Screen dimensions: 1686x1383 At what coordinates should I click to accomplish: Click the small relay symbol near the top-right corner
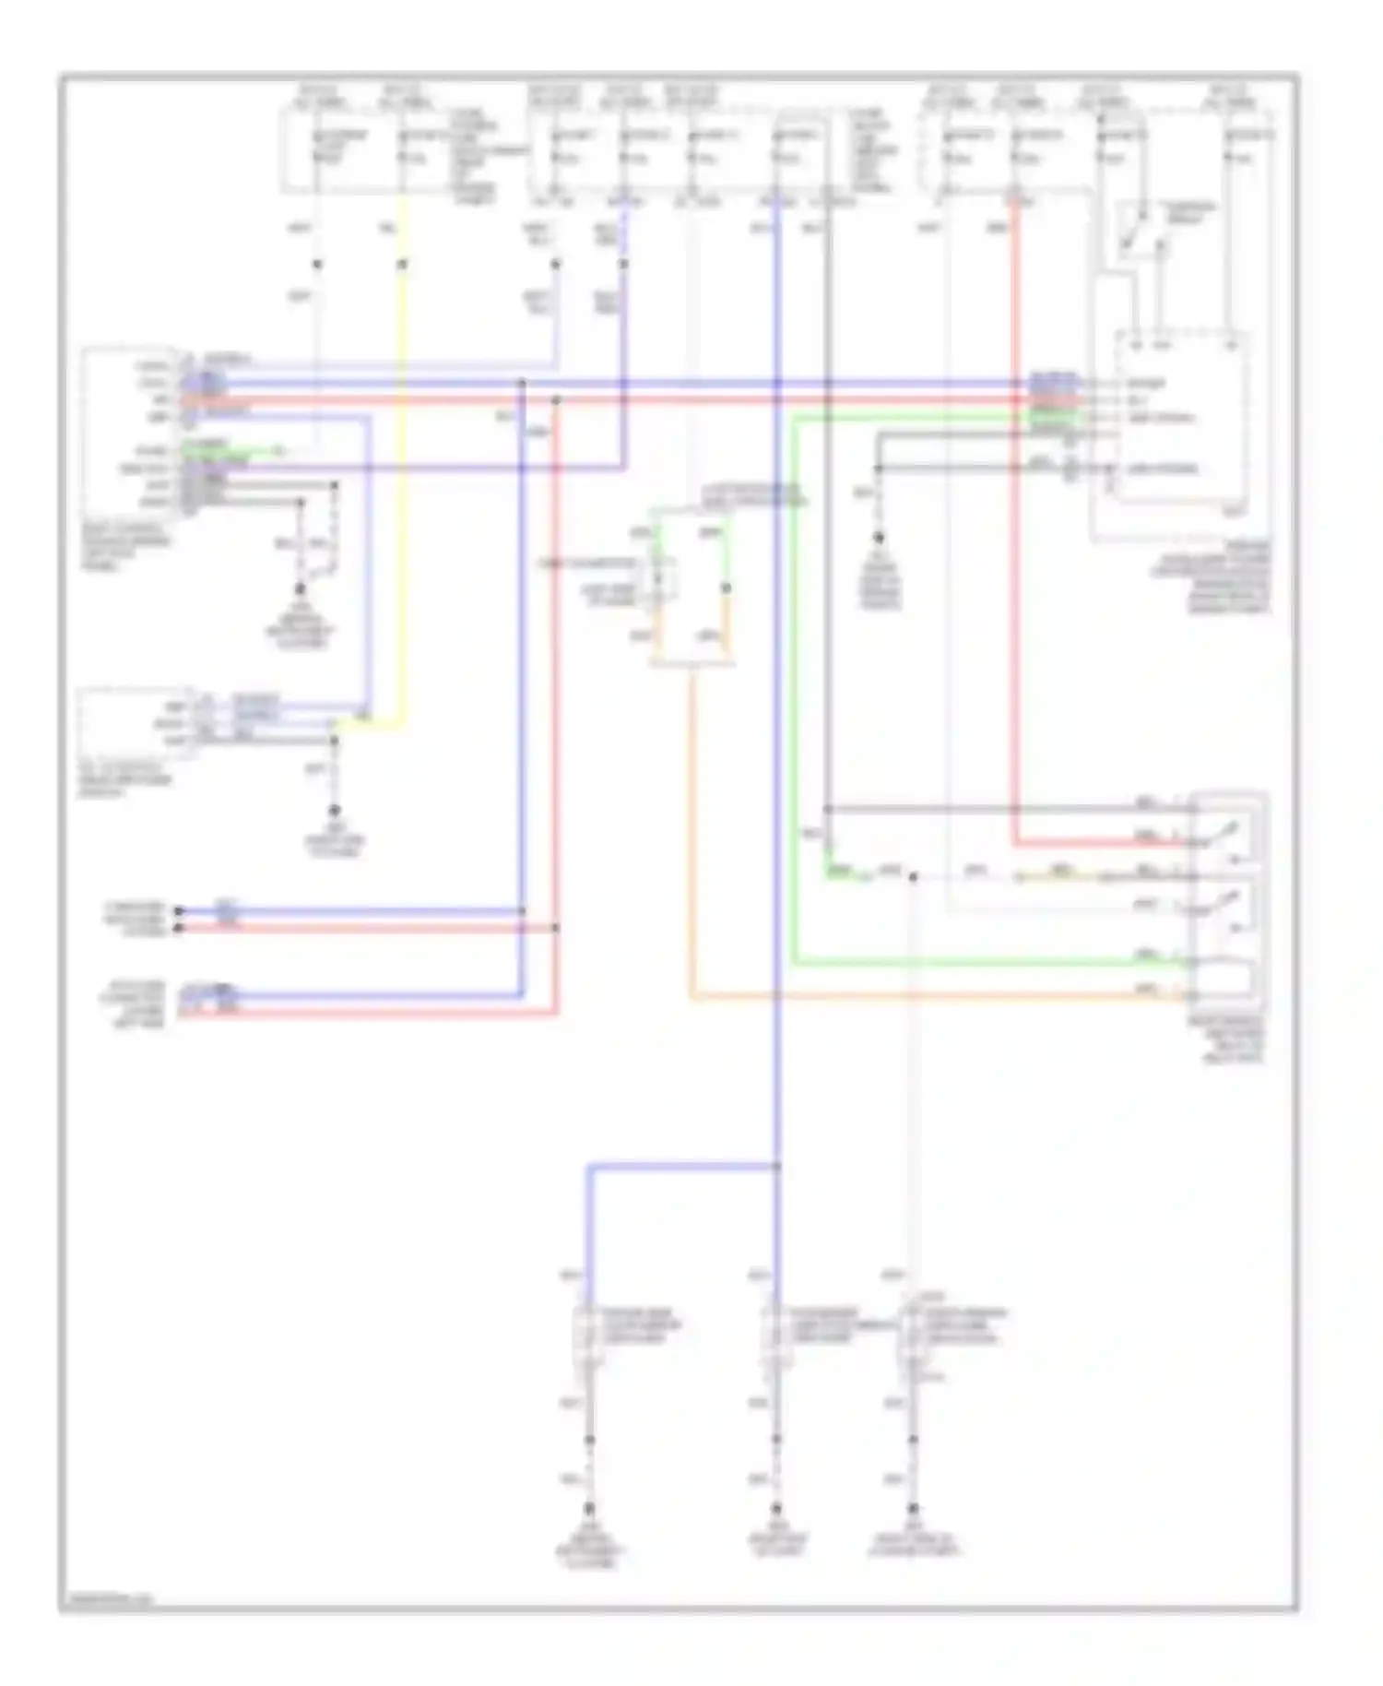click(x=1140, y=231)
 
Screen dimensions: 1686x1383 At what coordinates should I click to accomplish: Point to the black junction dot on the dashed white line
click(x=913, y=877)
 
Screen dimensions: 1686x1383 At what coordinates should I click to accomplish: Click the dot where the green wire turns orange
click(x=727, y=588)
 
